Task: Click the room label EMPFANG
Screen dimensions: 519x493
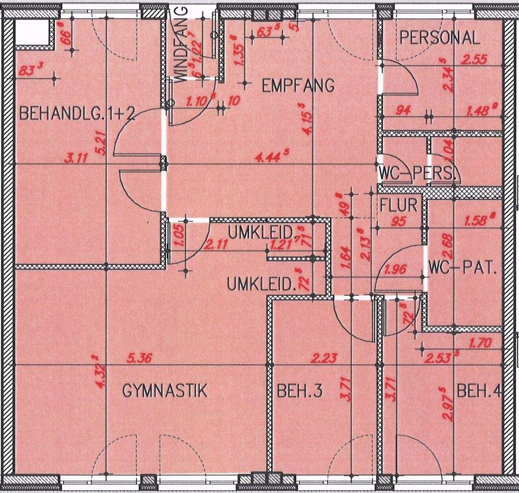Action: click(298, 85)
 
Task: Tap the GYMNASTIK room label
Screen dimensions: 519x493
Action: click(165, 390)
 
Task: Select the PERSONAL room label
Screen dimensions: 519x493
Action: click(440, 37)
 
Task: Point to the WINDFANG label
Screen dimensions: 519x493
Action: click(180, 45)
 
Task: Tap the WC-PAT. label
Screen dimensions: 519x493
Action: click(463, 269)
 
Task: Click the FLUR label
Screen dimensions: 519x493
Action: click(399, 205)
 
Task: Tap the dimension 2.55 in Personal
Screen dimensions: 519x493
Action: click(473, 59)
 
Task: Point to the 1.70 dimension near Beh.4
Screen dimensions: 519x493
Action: click(479, 343)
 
